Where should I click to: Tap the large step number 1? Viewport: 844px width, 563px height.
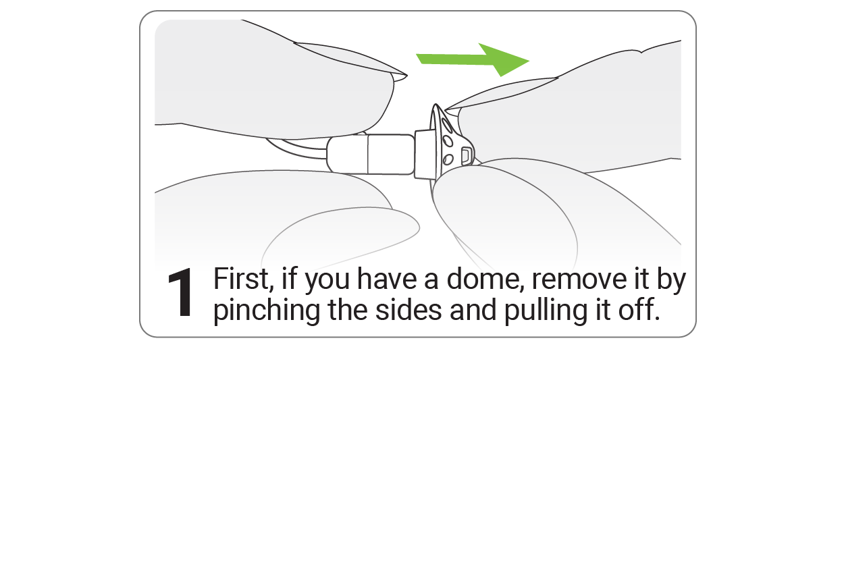[x=180, y=292]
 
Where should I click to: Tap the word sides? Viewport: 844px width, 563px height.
[x=408, y=311]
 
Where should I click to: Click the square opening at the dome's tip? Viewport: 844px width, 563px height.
[x=466, y=155]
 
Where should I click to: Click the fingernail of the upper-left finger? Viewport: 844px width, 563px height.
[x=350, y=59]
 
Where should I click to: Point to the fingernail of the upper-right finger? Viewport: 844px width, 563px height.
[x=501, y=94]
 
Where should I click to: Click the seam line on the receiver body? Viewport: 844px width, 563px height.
[x=368, y=155]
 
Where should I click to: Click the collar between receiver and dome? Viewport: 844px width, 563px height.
[x=423, y=154]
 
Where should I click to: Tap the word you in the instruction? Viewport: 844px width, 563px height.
[x=327, y=281]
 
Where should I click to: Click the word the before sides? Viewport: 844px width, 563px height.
[x=348, y=311]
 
